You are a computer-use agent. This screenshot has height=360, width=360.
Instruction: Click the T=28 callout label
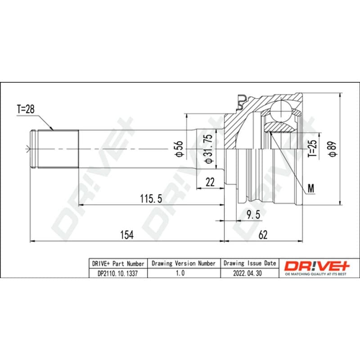click(x=26, y=109)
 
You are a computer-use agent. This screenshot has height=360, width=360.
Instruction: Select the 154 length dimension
click(x=127, y=234)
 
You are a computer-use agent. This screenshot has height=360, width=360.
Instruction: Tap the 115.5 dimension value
click(x=151, y=198)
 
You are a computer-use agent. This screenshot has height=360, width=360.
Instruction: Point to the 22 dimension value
click(x=210, y=182)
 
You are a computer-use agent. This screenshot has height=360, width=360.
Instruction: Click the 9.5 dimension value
click(x=253, y=215)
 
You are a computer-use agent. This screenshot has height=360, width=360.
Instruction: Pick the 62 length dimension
click(x=263, y=234)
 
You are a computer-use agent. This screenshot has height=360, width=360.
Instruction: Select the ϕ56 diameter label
click(x=179, y=149)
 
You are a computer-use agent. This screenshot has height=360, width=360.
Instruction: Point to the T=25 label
click(x=312, y=148)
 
